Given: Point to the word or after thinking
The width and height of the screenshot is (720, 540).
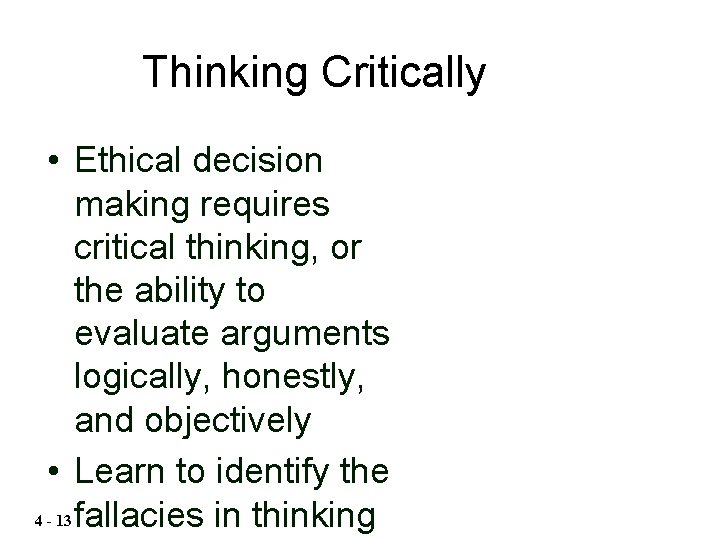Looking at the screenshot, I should tap(346, 249).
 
